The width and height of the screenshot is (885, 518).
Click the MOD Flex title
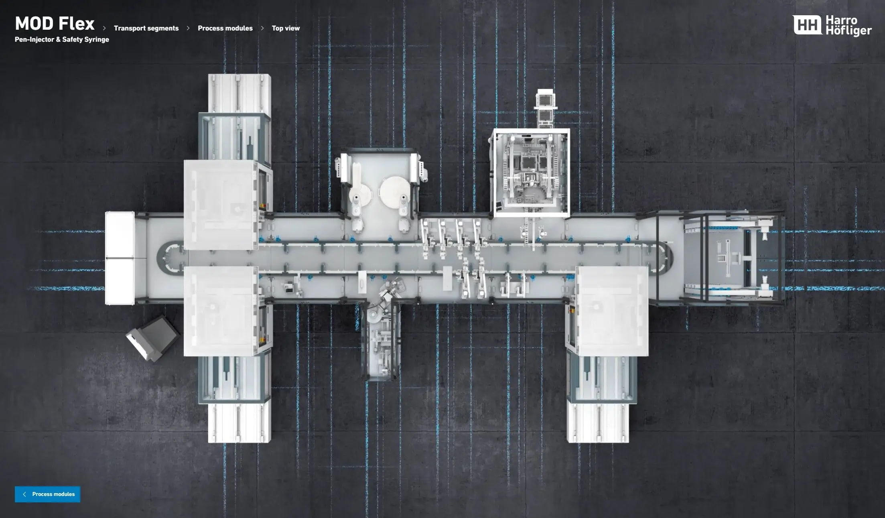click(55, 24)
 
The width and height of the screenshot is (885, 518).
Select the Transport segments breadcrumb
click(146, 28)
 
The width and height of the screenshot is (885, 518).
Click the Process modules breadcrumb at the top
click(225, 28)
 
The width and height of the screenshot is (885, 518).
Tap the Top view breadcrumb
click(286, 28)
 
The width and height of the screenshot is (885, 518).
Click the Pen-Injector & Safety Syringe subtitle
click(62, 39)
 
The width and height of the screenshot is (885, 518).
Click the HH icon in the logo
click(807, 25)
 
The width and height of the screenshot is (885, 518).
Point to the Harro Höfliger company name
click(848, 25)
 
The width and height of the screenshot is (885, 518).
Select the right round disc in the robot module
click(394, 192)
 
